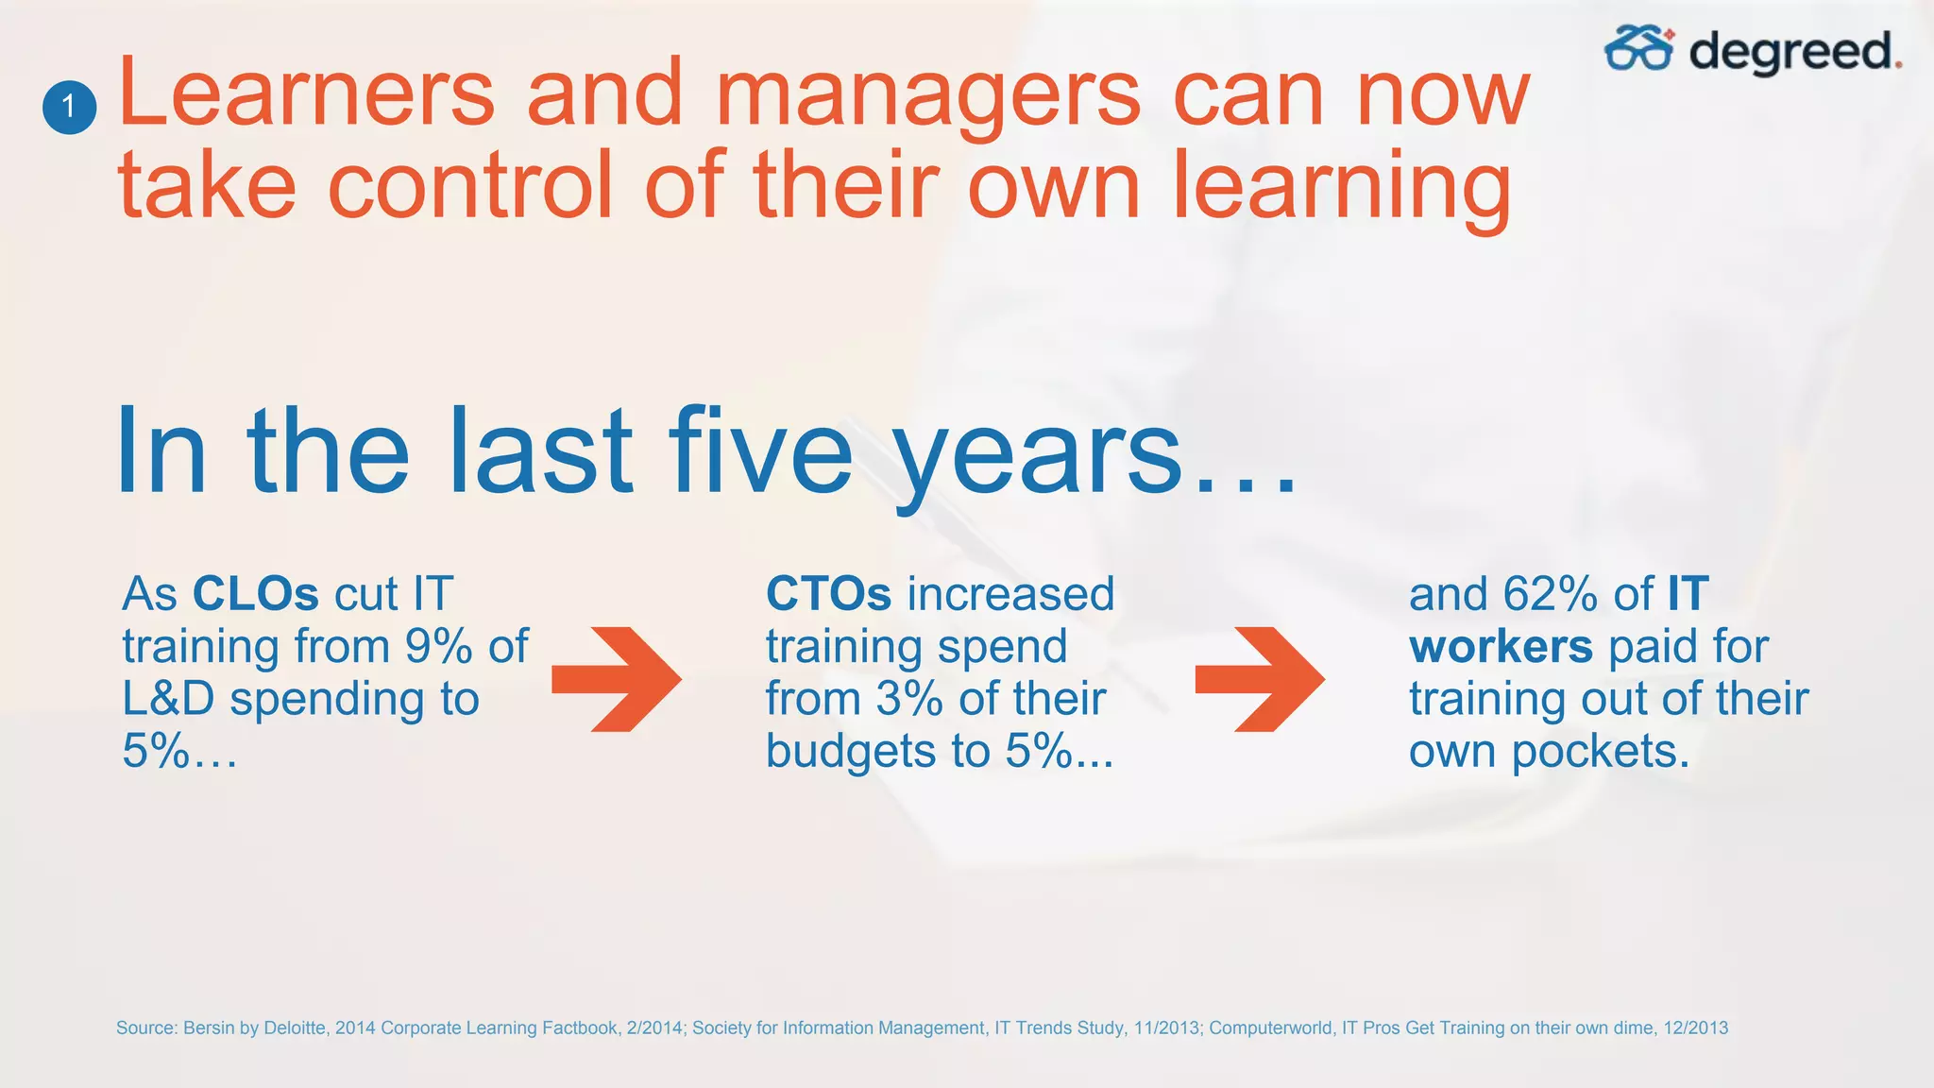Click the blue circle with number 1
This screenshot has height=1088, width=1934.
tap(69, 107)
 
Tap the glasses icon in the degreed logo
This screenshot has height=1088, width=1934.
tap(1638, 49)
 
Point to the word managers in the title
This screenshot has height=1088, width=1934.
tap(928, 94)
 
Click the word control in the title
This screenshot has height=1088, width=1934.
tap(470, 185)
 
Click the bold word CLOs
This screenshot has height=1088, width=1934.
tap(256, 594)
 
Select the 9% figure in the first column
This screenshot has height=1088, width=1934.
tap(438, 647)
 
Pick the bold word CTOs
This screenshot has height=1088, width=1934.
tap(828, 594)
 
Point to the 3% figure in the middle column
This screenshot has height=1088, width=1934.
tap(908, 699)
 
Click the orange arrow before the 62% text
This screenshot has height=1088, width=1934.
tap(1261, 679)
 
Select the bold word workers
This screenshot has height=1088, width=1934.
tap(1501, 647)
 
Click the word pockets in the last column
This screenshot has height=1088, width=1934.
tap(1600, 753)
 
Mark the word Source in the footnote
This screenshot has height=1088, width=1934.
tap(145, 1028)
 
